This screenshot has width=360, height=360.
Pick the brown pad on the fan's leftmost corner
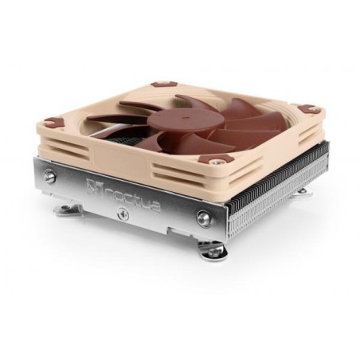(53, 123)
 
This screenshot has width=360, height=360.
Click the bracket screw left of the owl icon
(50, 178)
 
